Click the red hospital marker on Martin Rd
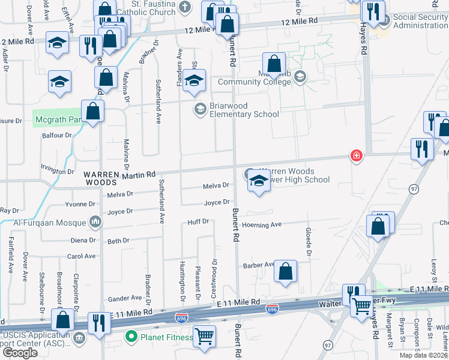[x=357, y=156]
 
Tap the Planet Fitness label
[x=166, y=337]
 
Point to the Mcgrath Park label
[x=57, y=119]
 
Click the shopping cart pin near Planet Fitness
[x=205, y=337]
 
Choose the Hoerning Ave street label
[x=262, y=225]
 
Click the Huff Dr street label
[x=198, y=221]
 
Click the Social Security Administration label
[x=420, y=21]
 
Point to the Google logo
[x=20, y=352]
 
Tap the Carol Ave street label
[x=82, y=256]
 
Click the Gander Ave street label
[x=124, y=298]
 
